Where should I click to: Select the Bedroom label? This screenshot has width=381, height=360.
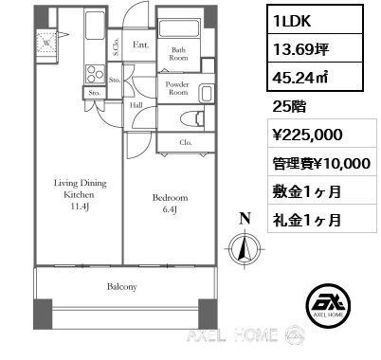click(x=170, y=198)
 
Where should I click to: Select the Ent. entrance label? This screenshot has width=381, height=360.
click(x=139, y=45)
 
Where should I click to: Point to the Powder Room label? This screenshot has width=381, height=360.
click(x=178, y=88)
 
